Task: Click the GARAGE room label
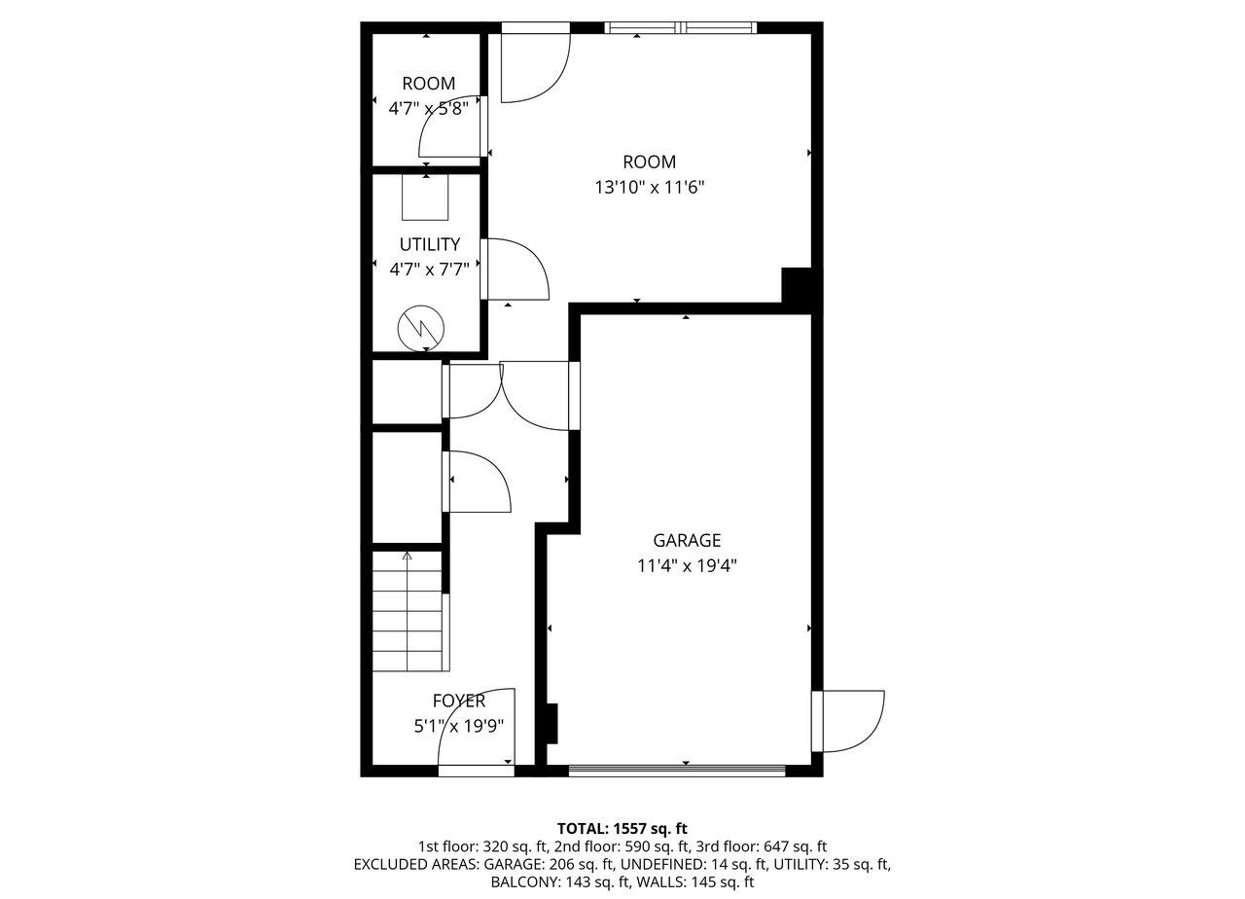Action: [687, 540]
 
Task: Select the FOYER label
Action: [459, 701]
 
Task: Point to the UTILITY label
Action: [429, 244]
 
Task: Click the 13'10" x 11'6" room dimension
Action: [649, 187]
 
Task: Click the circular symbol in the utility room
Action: [420, 329]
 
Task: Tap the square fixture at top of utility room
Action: [426, 198]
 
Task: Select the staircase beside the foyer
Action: [410, 613]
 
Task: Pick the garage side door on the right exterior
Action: [850, 721]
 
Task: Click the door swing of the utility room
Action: [516, 268]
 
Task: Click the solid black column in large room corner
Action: [797, 285]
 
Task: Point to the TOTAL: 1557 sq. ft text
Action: [622, 828]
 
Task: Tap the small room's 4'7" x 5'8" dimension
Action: [429, 109]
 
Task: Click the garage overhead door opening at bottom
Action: [677, 772]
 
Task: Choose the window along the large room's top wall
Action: [679, 28]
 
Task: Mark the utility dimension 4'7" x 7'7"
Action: [429, 269]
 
